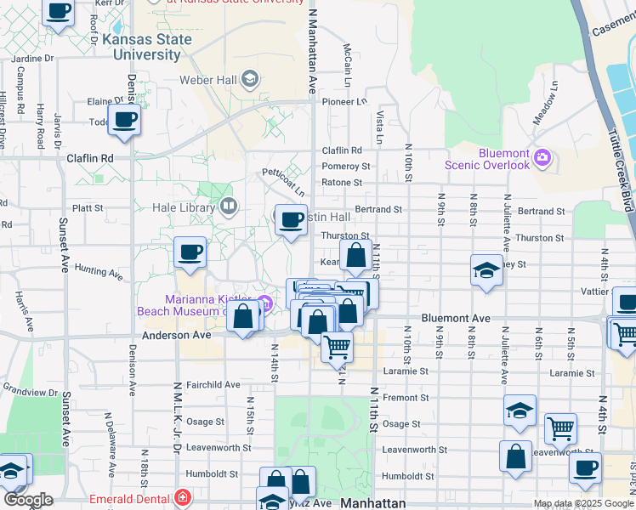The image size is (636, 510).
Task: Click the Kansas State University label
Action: [x=141, y=47]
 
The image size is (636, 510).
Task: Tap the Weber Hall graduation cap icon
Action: [x=249, y=81]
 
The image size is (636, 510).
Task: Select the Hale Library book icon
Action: [x=228, y=206]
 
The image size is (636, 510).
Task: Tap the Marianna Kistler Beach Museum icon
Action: [x=264, y=303]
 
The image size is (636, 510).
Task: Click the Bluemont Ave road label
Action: [x=456, y=319]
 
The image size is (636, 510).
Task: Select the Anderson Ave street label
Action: [x=175, y=335]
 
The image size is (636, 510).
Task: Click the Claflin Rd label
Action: [x=89, y=158]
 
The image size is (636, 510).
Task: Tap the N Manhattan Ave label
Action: [x=312, y=51]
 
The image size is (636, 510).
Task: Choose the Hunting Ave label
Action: [x=99, y=272]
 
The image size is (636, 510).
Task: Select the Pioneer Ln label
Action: [x=344, y=101]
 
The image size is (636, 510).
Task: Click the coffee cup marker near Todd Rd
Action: [x=124, y=120]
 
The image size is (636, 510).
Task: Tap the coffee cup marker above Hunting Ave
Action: [x=190, y=252]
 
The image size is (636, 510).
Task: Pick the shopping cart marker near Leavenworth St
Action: [x=560, y=429]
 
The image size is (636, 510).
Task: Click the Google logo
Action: [x=28, y=499]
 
